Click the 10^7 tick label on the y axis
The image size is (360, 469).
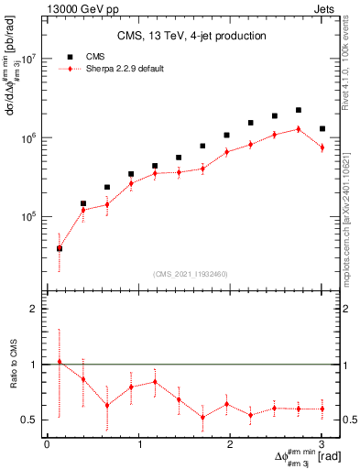(x=29, y=58)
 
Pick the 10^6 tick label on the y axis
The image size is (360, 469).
(x=29, y=137)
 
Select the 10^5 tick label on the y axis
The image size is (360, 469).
(x=29, y=217)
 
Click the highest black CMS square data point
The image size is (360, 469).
(x=299, y=110)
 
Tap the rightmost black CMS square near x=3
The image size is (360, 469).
(x=322, y=129)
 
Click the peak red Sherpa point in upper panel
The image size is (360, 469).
(x=299, y=129)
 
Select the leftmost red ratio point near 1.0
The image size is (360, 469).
(x=60, y=362)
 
